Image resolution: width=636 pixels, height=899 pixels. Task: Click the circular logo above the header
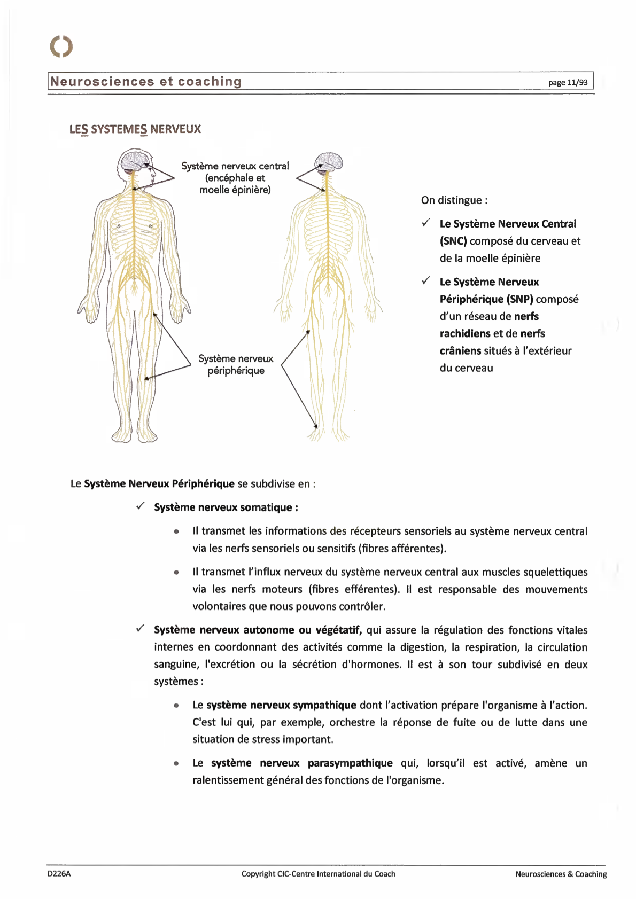[x=61, y=46]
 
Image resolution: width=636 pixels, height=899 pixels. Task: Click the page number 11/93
[x=568, y=82]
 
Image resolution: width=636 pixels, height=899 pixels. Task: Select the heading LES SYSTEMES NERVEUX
[x=135, y=129]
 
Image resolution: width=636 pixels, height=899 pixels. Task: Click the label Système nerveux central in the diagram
[x=235, y=166]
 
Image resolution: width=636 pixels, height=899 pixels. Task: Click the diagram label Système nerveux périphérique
[x=236, y=364]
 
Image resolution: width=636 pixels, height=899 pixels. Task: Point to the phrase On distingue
[x=454, y=200]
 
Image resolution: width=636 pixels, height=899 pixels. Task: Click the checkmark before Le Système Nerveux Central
[x=426, y=223]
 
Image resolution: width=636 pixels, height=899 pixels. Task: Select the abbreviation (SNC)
[x=453, y=241]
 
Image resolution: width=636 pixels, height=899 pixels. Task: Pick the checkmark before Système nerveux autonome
[x=141, y=629]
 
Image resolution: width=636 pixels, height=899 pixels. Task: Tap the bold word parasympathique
[x=350, y=763]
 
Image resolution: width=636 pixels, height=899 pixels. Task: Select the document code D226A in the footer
[x=59, y=874]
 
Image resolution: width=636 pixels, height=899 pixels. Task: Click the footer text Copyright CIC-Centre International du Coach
[x=318, y=874]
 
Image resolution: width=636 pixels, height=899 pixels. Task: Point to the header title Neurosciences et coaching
[x=146, y=82]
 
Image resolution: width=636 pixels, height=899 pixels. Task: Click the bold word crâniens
[x=460, y=351]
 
